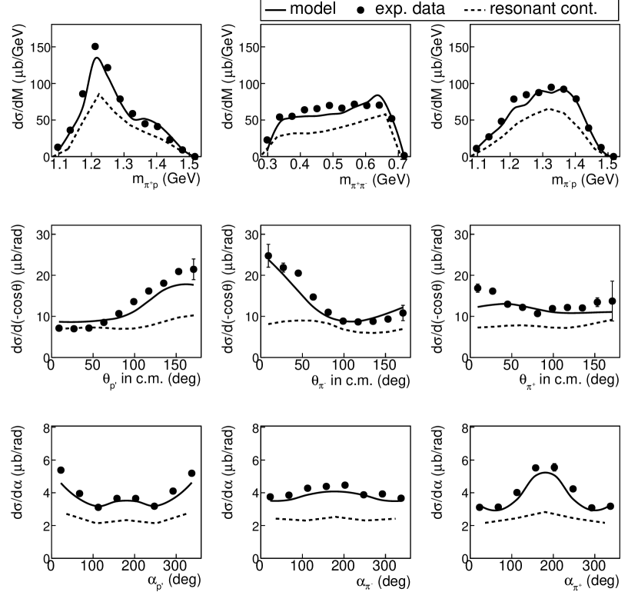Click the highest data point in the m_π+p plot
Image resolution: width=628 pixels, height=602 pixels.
95,47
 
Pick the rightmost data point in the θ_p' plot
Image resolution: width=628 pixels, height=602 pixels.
194,269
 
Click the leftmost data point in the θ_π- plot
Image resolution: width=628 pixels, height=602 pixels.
268,256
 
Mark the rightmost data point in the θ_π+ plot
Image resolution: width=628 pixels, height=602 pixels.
612,301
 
